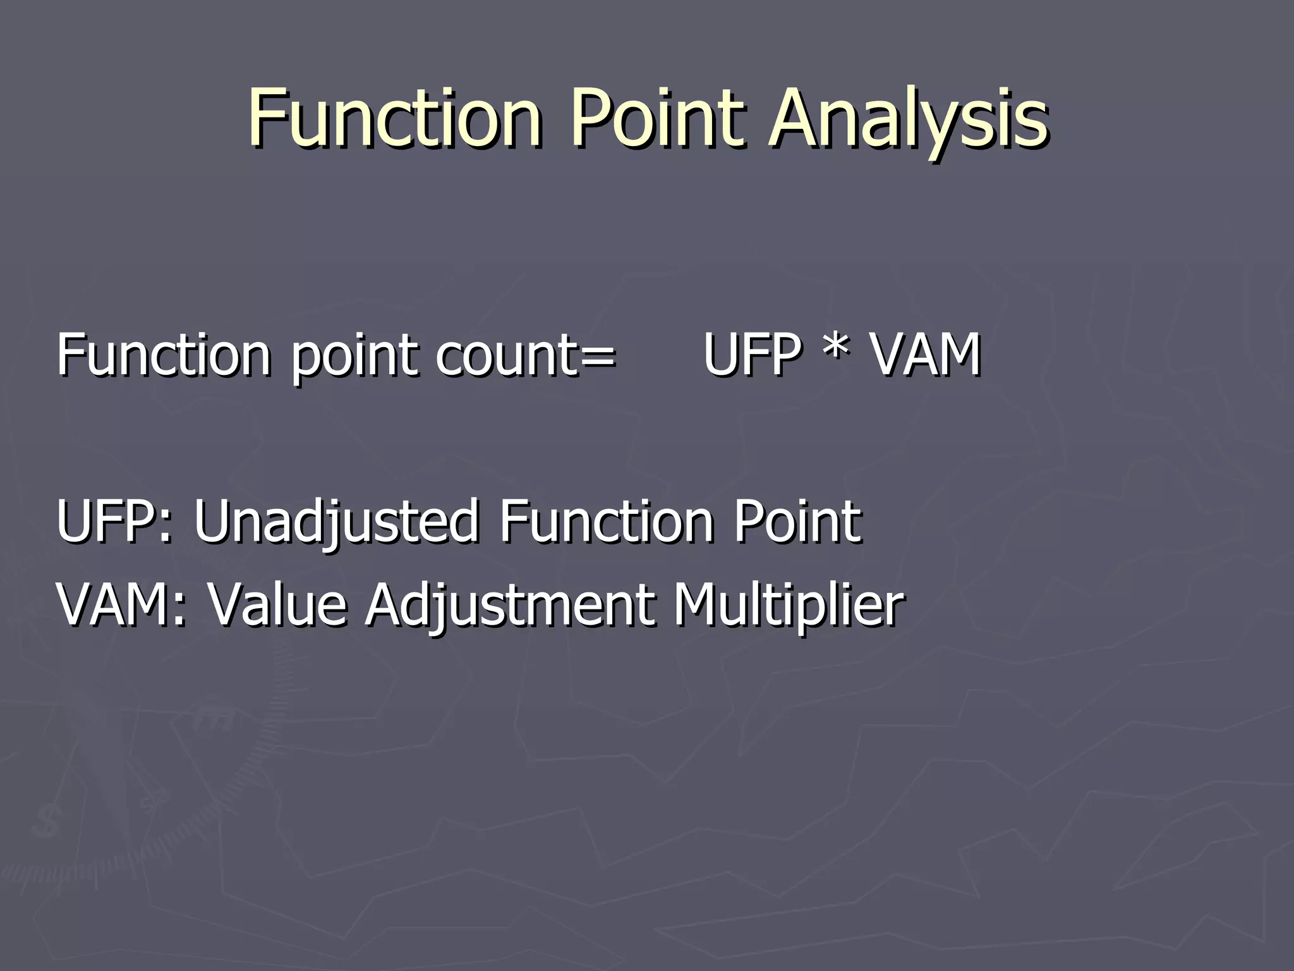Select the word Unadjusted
(x=336, y=521)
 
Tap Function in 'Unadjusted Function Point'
(x=606, y=521)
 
